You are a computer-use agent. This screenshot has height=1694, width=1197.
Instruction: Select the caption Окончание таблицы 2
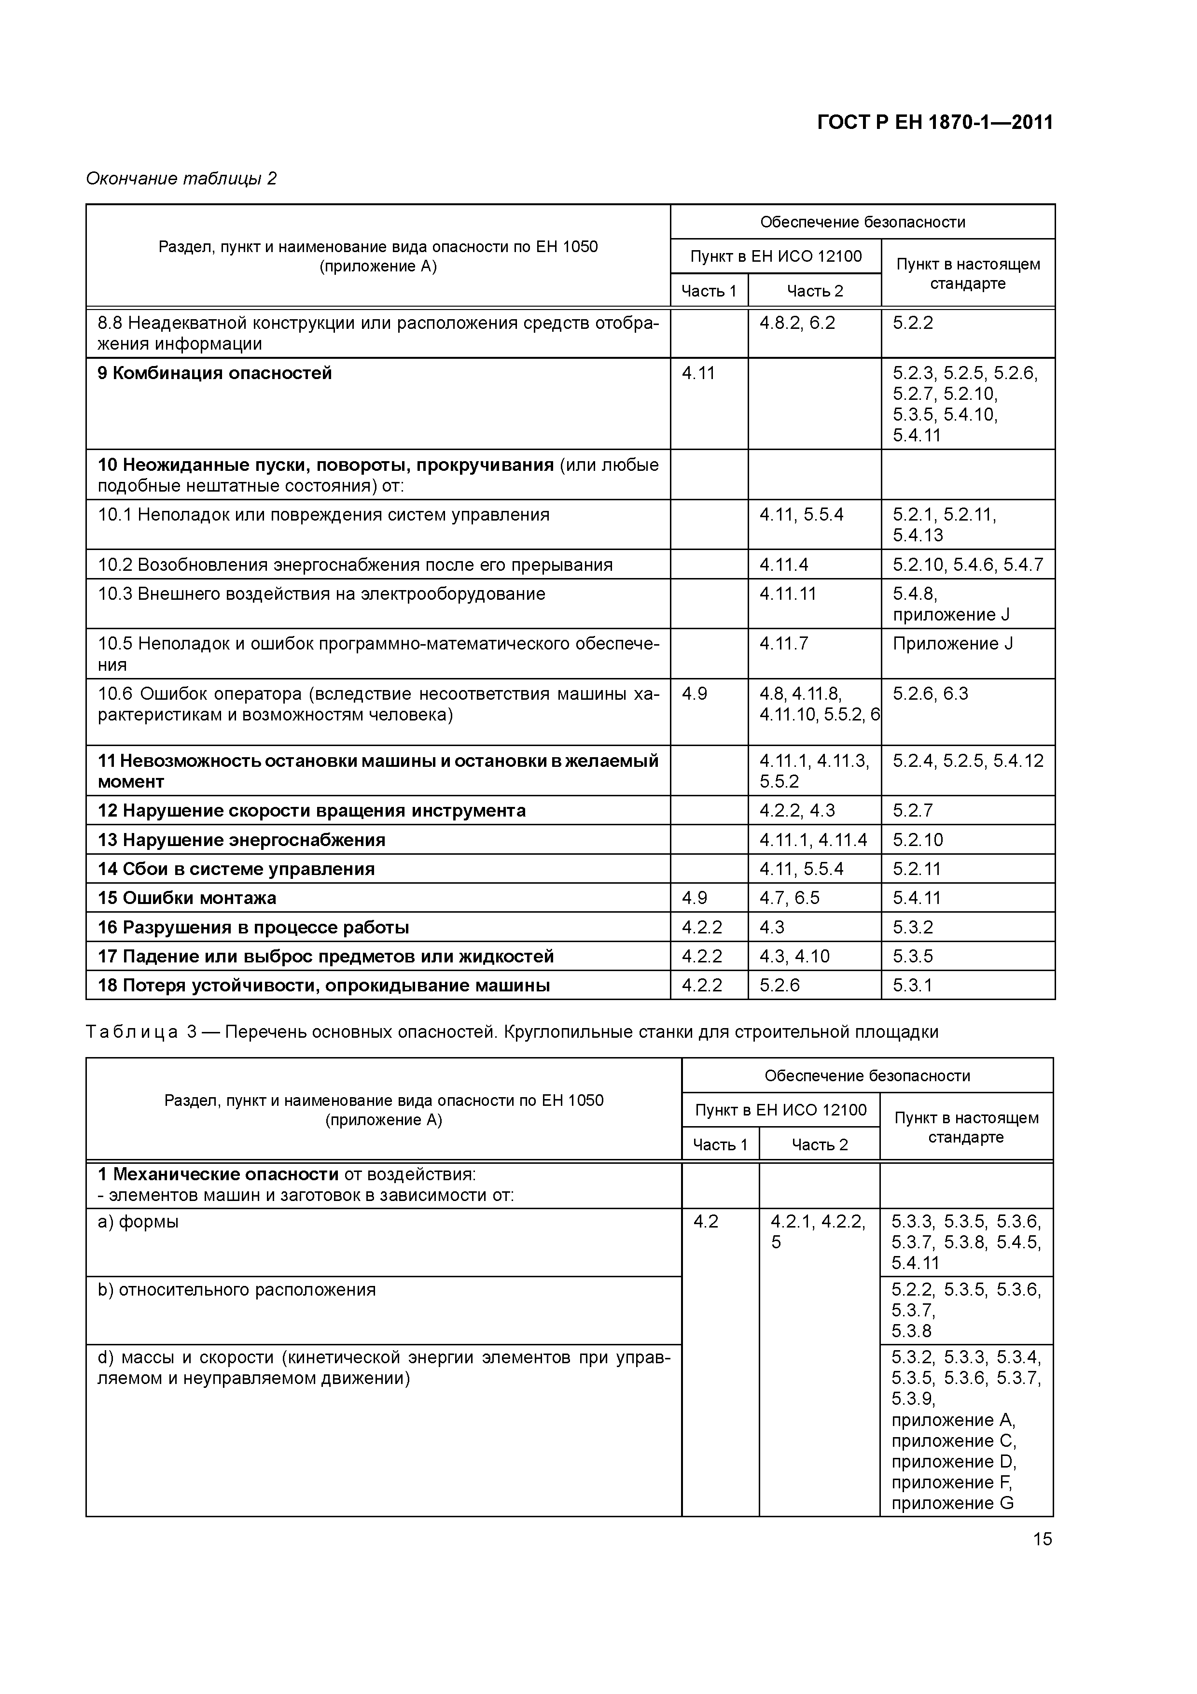pos(181,179)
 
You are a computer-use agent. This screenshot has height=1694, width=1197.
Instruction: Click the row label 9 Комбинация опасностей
pos(215,373)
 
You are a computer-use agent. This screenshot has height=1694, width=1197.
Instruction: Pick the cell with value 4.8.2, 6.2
pos(797,323)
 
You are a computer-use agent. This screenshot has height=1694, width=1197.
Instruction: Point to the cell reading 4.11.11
pos(788,594)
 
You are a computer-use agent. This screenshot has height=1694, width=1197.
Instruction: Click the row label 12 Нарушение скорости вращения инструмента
pos(311,811)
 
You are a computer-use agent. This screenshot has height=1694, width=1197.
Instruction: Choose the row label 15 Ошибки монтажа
pos(187,898)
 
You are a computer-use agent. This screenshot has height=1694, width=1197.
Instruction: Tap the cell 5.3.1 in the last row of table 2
pos(912,986)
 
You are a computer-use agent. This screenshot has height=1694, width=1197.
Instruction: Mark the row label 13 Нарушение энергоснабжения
pos(241,840)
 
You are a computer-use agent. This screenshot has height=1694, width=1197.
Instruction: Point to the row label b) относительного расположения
pos(236,1290)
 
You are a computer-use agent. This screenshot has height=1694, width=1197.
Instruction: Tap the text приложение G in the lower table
pos(952,1504)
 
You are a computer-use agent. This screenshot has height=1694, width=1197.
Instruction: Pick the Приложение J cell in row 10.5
pos(952,644)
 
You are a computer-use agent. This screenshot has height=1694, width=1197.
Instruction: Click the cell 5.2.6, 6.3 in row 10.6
pos(930,694)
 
